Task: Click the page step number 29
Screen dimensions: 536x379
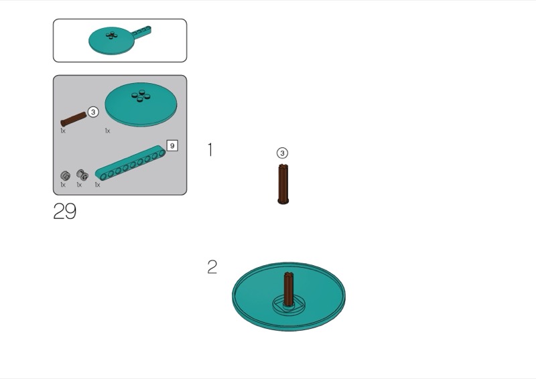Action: pyautogui.click(x=65, y=211)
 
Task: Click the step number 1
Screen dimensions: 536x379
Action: pyautogui.click(x=210, y=150)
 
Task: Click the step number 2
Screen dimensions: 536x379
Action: pyautogui.click(x=212, y=267)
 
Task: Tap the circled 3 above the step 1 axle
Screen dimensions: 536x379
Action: pyautogui.click(x=282, y=153)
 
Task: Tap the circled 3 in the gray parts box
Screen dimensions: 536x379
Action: pyautogui.click(x=93, y=112)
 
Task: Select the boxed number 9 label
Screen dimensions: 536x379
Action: pyautogui.click(x=172, y=145)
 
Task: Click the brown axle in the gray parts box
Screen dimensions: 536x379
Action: pyautogui.click(x=74, y=119)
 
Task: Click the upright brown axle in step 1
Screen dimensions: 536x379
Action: pyautogui.click(x=283, y=184)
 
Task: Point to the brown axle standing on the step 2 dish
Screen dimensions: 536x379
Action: pyautogui.click(x=289, y=289)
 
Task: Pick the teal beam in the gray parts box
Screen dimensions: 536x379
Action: pyautogui.click(x=130, y=163)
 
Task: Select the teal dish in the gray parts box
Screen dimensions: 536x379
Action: pyautogui.click(x=141, y=104)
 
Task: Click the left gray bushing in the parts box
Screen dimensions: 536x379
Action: pyautogui.click(x=65, y=175)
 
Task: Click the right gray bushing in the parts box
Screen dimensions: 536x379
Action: pyautogui.click(x=82, y=175)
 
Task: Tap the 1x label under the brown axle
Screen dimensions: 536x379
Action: pyautogui.click(x=63, y=131)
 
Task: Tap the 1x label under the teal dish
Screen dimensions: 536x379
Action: pyautogui.click(x=108, y=131)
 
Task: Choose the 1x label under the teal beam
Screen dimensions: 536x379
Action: pyautogui.click(x=97, y=185)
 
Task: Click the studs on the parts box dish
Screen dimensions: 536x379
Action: pyautogui.click(x=141, y=96)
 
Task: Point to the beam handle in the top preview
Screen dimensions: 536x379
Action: pyautogui.click(x=141, y=32)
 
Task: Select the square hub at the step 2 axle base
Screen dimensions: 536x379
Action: pyautogui.click(x=289, y=304)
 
